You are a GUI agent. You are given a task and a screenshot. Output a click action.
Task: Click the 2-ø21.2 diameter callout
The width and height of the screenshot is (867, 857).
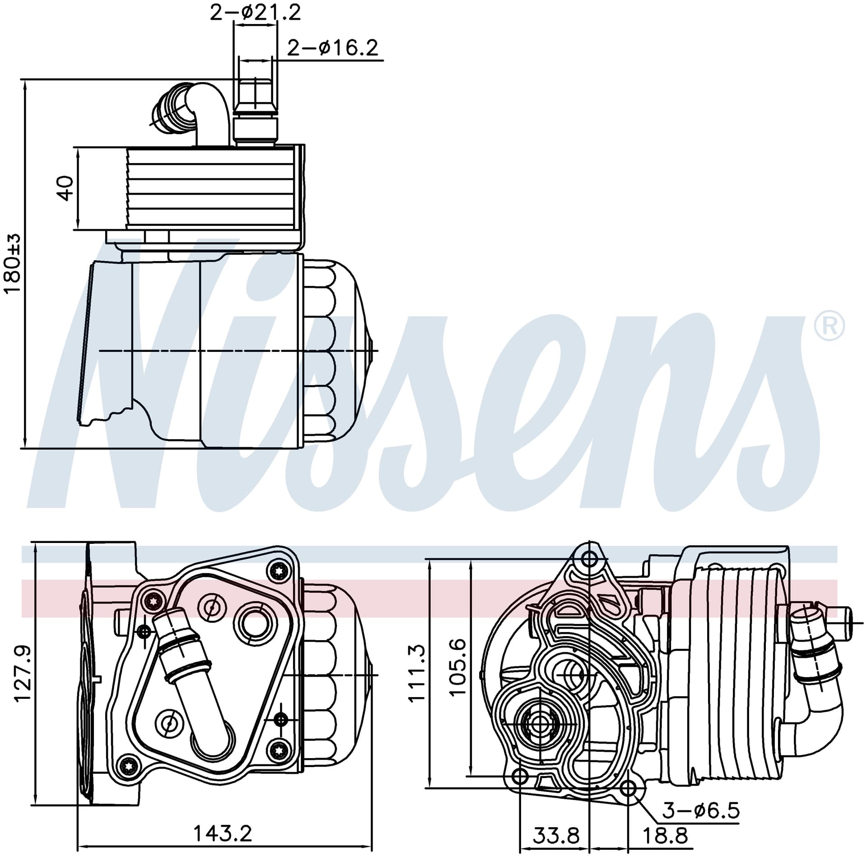[x=255, y=12]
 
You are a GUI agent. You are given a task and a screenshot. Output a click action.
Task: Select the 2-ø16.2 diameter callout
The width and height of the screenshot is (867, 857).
[x=333, y=47]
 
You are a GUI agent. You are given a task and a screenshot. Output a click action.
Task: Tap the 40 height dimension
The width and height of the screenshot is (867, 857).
[x=66, y=188]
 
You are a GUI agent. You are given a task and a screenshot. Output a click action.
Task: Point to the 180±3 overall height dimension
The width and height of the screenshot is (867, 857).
[x=12, y=263]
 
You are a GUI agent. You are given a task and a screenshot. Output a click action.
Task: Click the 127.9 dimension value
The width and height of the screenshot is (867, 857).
[x=23, y=674]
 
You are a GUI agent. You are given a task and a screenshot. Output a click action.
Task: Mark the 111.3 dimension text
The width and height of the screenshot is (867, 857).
[x=416, y=674]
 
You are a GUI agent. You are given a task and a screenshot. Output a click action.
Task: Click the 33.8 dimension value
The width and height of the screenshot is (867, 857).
[x=556, y=836]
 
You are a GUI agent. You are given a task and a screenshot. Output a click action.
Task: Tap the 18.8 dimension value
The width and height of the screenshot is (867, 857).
[x=665, y=836]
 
